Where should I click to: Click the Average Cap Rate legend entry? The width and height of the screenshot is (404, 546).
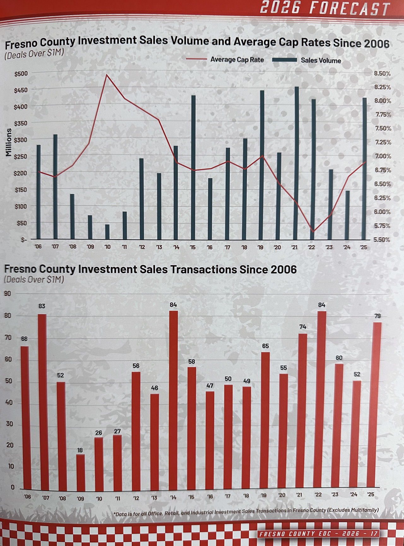237,59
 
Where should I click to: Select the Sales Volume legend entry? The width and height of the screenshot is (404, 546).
321,60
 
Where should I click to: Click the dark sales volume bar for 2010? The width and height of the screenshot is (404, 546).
107,232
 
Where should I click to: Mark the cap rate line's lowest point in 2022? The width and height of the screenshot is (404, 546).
313,231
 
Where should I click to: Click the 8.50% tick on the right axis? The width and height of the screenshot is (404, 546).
382,74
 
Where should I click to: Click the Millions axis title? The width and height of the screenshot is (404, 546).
9,142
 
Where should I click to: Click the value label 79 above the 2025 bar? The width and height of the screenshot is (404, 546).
377,316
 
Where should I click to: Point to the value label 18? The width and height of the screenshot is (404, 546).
80,450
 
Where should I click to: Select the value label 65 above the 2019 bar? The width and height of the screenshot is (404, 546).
265,346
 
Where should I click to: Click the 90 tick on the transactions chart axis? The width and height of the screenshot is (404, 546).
7,294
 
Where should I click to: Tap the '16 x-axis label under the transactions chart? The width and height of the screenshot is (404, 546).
210,496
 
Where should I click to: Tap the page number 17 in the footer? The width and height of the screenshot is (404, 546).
374,534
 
